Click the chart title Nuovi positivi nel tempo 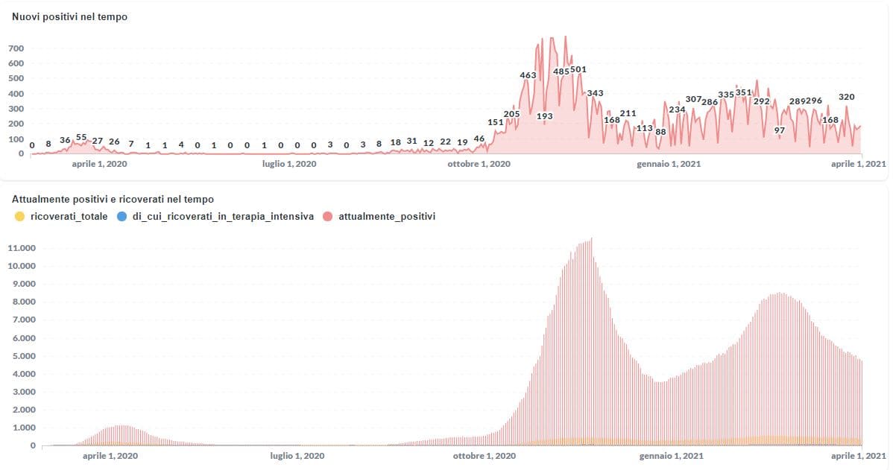point(69,17)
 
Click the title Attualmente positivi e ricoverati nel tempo point(113,200)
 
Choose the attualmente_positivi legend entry point(386,217)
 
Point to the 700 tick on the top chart point(16,48)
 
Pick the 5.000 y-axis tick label point(22,356)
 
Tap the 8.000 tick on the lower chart point(22,302)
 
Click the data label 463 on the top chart point(528,75)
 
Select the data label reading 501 point(578,70)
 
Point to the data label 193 point(544,116)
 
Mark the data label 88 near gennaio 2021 point(660,132)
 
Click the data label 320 point(846,97)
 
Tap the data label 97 point(780,130)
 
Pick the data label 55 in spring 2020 point(81,138)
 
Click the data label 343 point(595,93)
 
